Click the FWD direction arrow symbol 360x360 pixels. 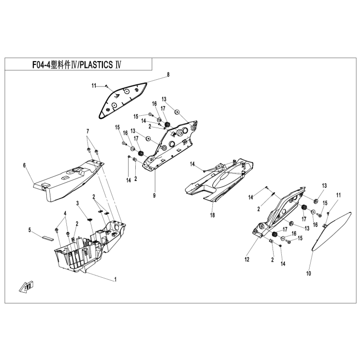(x=26, y=286)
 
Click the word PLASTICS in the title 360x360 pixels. (x=97, y=64)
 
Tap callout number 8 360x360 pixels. (x=168, y=75)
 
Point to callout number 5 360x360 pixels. (x=30, y=230)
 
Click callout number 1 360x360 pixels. (x=116, y=279)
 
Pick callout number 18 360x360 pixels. (x=212, y=215)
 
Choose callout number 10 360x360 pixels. (x=309, y=274)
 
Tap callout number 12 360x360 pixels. (x=247, y=259)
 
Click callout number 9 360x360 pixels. (x=154, y=195)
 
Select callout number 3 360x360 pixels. (x=78, y=203)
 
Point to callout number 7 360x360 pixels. (x=87, y=131)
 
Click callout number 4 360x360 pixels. (x=65, y=213)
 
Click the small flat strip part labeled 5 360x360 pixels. (x=48, y=238)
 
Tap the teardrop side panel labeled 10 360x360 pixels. (x=331, y=231)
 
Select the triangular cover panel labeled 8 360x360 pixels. (x=122, y=100)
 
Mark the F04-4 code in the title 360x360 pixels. (x=41, y=65)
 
